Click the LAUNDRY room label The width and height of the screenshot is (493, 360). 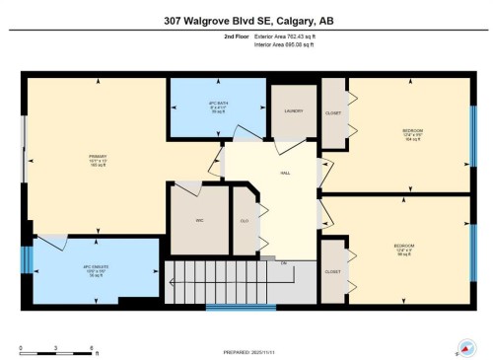coord(292,111)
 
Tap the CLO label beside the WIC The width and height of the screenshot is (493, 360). coord(244,220)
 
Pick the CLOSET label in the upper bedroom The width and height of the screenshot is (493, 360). coord(333,112)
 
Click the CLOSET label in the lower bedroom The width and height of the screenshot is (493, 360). coord(332,271)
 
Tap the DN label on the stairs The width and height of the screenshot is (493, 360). coord(284,262)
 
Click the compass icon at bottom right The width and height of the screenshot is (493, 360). coord(462,347)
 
